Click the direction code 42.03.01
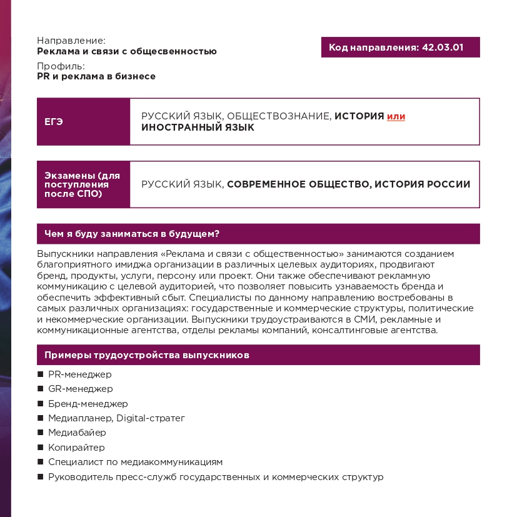(443, 48)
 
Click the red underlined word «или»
(396, 116)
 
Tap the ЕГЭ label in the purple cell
(54, 122)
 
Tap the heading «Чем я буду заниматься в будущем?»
(132, 234)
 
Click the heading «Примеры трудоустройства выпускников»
(147, 355)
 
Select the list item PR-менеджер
(79, 374)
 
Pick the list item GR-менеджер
(80, 389)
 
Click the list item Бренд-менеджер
(88, 404)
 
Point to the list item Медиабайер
(77, 433)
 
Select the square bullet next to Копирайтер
(41, 447)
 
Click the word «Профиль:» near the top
(61, 66)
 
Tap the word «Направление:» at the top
(71, 41)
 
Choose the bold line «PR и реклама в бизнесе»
(96, 76)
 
